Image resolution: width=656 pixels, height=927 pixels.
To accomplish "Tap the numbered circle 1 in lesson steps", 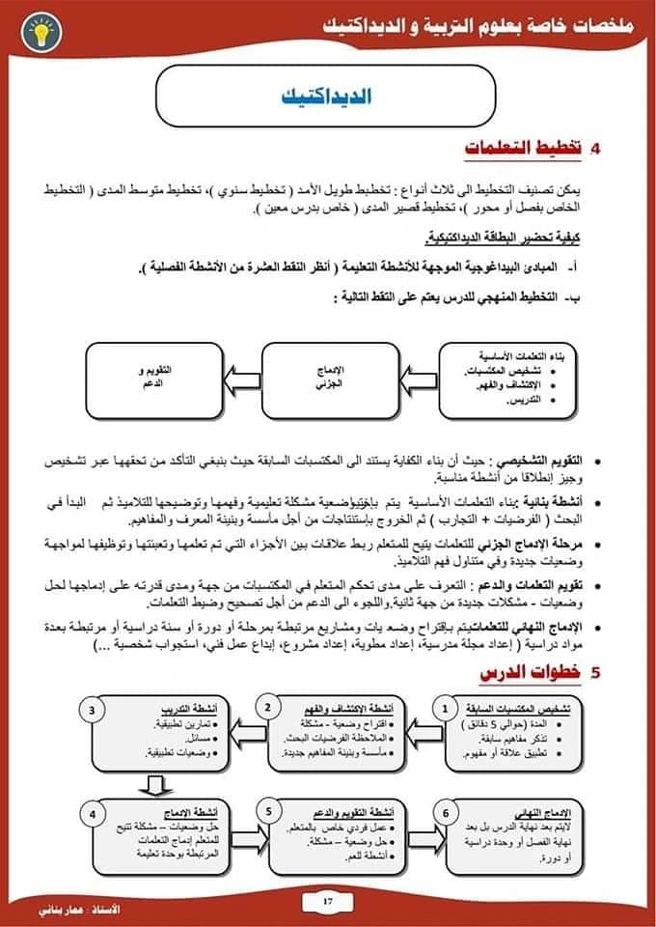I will click(x=445, y=709).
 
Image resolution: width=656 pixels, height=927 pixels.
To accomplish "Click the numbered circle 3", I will click(x=93, y=709).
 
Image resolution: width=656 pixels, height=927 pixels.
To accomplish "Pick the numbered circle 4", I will click(x=93, y=814).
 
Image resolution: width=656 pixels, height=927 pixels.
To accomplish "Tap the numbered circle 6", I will click(x=445, y=814).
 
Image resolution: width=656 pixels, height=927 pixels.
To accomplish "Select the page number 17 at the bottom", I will click(x=327, y=902).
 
